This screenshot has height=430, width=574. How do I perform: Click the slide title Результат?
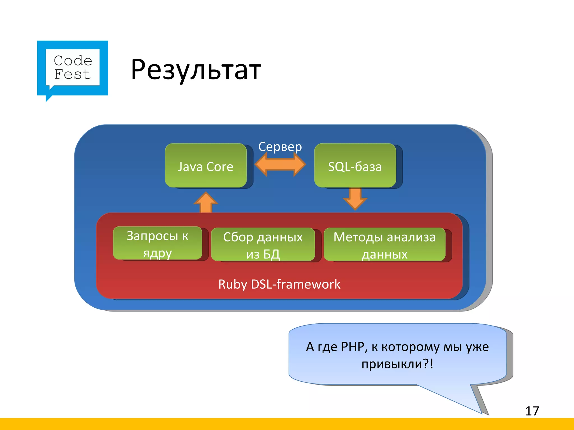[196, 69]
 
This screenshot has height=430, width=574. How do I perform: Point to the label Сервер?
[280, 147]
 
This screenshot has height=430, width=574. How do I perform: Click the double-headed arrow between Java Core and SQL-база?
[280, 164]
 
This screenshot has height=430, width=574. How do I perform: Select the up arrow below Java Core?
[206, 202]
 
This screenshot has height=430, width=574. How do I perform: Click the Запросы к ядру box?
[158, 243]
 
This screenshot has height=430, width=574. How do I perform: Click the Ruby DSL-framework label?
[279, 284]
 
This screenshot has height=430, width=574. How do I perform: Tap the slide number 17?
[532, 411]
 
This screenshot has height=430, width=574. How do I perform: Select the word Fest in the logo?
[72, 74]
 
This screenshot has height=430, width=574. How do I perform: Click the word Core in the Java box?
[220, 167]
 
